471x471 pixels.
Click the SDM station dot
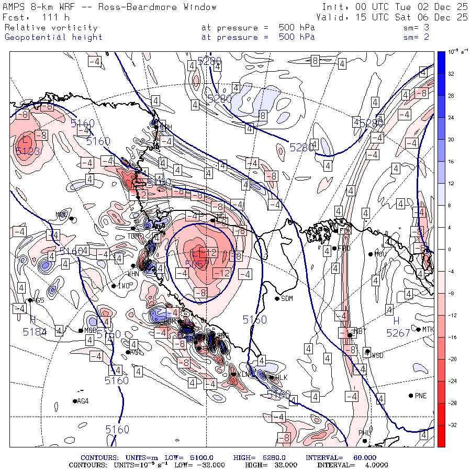tap(277, 299)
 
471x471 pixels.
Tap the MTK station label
tap(428, 329)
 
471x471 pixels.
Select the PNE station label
tap(421, 396)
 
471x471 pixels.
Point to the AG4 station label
tap(83, 401)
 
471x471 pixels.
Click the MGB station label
tap(91, 330)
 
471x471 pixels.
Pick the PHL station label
tap(364, 433)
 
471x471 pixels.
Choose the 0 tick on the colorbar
tap(449, 250)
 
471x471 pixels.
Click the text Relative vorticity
tap(51, 27)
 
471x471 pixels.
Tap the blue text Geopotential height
tap(54, 37)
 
